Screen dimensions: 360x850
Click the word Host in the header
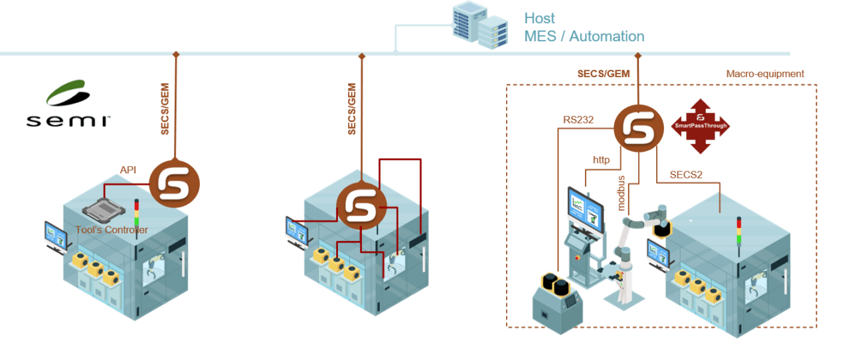(539, 18)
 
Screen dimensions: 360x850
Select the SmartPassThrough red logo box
(700, 127)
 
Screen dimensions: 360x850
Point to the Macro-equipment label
(764, 74)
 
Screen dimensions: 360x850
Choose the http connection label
(600, 160)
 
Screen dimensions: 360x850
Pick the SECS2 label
(686, 175)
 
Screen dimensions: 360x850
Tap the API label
(129, 171)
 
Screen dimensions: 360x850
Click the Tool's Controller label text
(112, 230)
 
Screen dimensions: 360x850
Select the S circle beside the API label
(174, 184)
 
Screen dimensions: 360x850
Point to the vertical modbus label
(622, 193)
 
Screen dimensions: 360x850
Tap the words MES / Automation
(584, 37)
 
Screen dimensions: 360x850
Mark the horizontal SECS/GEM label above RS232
(603, 74)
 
